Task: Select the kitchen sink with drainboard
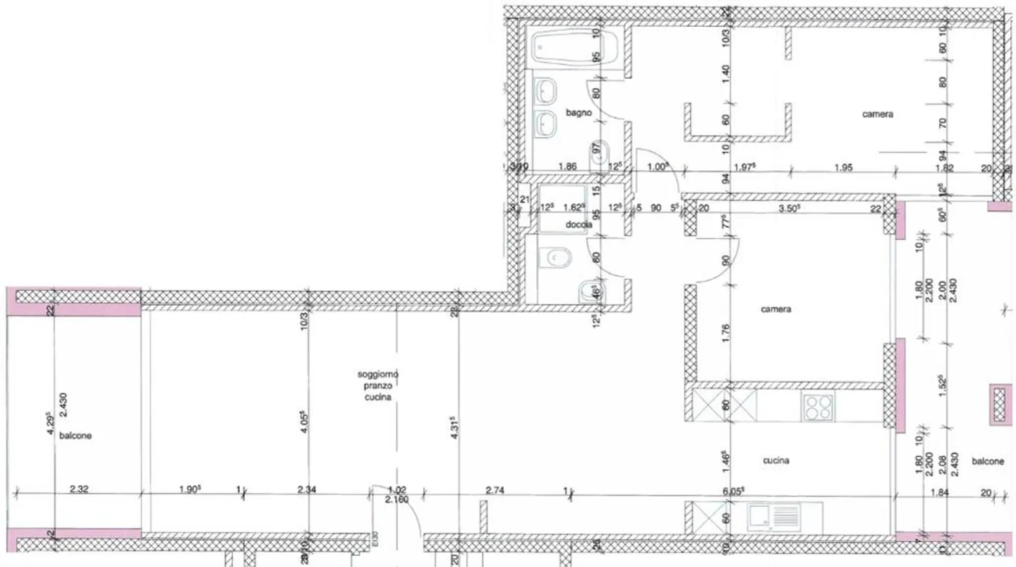[774, 518]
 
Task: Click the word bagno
[578, 112]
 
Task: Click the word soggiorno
[377, 375]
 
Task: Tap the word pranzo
[377, 386]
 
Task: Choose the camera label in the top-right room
[878, 114]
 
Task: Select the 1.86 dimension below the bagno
[568, 167]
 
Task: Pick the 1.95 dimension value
[843, 167]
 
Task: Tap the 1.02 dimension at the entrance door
[398, 489]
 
